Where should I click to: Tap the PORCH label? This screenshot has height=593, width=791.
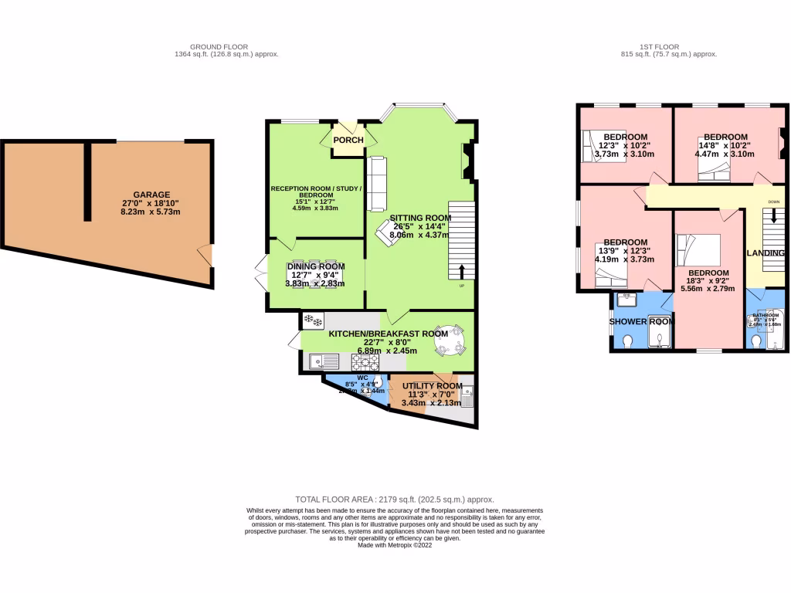coord(348,140)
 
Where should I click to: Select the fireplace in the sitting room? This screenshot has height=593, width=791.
coord(467,160)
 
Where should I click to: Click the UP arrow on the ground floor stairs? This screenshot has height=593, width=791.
coord(461,271)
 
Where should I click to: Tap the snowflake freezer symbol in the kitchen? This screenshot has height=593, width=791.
coord(313,320)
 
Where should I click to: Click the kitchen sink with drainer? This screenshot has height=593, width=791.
coord(324,361)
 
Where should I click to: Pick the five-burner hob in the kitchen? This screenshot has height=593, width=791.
coord(365,361)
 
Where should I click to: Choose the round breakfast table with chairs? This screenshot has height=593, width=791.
coord(450,341)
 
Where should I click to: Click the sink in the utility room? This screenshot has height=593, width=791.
coord(467,395)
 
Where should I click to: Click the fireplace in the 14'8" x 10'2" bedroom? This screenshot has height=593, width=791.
coord(783,144)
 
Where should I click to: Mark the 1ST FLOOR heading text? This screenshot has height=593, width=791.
coord(669,47)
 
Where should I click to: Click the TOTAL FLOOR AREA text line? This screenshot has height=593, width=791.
coord(395,500)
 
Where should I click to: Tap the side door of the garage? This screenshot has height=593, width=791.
coord(205,256)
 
